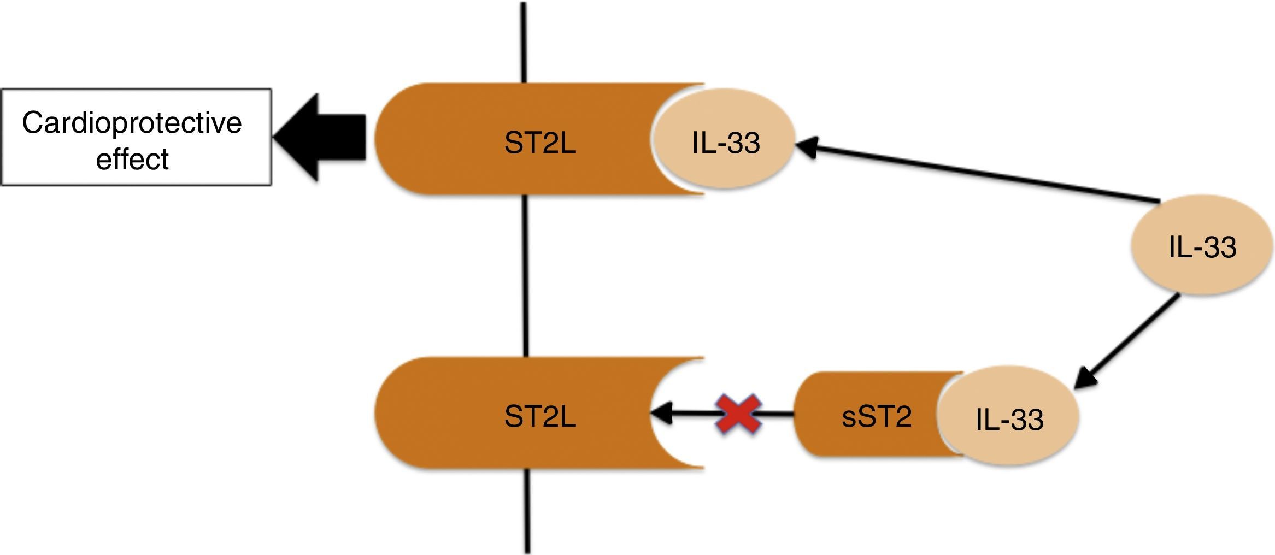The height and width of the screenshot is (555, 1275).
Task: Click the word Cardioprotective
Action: (x=132, y=122)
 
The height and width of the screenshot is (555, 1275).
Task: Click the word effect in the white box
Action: (x=132, y=160)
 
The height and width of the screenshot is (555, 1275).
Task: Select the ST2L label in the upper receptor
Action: (x=540, y=144)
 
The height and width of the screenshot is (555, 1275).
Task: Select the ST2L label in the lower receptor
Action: (x=540, y=417)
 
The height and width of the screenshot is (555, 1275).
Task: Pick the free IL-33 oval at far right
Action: (x=1202, y=247)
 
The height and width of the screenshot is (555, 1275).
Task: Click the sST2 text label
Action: (x=876, y=417)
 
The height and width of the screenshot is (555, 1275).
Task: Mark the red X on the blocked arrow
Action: (x=738, y=414)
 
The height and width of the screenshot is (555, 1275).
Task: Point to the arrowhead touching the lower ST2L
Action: (x=660, y=414)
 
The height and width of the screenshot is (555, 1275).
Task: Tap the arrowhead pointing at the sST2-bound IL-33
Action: (x=1085, y=380)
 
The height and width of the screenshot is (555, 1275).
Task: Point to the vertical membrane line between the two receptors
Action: (x=525, y=276)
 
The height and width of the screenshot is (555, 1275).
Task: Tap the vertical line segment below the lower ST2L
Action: (x=527, y=511)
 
